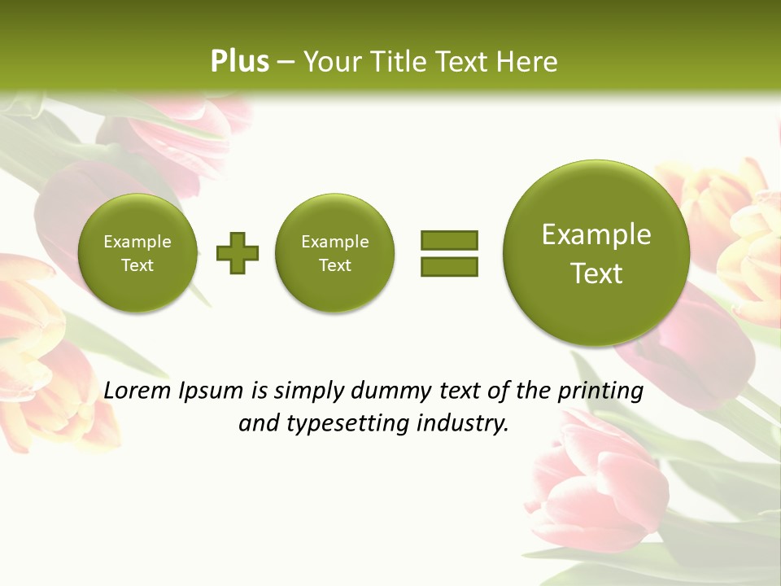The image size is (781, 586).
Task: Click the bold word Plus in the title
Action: (x=239, y=62)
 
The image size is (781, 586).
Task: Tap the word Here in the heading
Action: (x=526, y=62)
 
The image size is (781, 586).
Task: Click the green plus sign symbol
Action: (x=238, y=253)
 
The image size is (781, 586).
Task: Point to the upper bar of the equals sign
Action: (x=449, y=240)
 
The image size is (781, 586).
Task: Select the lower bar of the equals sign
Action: (x=449, y=266)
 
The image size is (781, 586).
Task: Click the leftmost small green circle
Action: (x=137, y=253)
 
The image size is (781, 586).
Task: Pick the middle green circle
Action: (x=335, y=253)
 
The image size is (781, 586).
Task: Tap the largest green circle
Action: (x=596, y=253)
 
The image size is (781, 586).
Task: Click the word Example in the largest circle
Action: (x=596, y=234)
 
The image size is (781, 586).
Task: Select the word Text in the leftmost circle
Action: (x=137, y=265)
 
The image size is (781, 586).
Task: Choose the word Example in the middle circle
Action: (x=335, y=242)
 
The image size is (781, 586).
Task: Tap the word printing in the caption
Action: (x=601, y=391)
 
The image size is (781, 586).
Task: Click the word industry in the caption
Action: (x=462, y=424)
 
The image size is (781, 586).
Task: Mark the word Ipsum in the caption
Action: (x=212, y=391)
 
